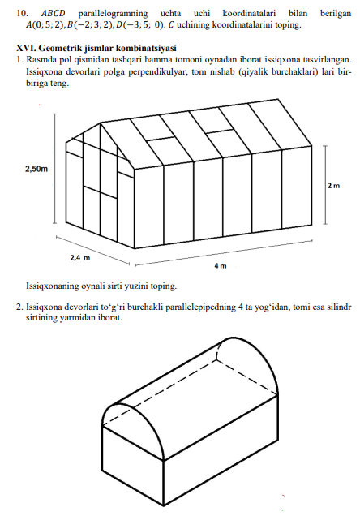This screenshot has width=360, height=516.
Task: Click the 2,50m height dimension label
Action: tap(36, 169)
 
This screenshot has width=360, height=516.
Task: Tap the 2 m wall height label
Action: tap(333, 186)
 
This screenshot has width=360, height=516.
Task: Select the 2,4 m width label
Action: tap(80, 257)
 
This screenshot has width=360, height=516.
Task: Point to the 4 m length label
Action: tap(221, 265)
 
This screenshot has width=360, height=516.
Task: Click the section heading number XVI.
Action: tap(26, 48)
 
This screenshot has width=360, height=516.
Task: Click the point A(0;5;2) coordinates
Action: tap(45, 24)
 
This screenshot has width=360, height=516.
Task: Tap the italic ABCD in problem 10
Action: tap(53, 14)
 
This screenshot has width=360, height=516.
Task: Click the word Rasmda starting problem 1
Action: tap(39, 60)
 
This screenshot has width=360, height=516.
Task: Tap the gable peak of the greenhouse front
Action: tap(101, 123)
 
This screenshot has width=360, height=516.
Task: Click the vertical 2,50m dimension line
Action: tap(55, 169)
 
